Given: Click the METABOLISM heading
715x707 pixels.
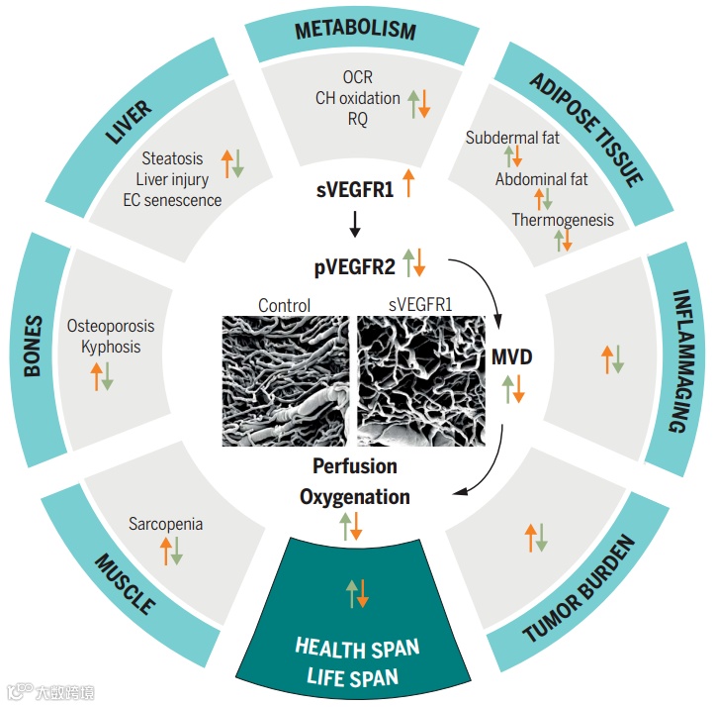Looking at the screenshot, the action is pos(355,31).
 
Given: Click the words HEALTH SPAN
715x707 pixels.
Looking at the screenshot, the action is pos(357,649).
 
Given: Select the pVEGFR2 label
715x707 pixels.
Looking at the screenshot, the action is pos(355,265).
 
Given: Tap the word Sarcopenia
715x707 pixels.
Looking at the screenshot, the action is pos(165,524).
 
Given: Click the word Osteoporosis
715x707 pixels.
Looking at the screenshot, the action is pos(111,326).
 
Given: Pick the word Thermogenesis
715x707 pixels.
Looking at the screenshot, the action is pos(562,220).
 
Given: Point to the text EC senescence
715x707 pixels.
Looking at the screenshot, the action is pos(173,200).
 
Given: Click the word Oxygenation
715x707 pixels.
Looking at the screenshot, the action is pos(355,496).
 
